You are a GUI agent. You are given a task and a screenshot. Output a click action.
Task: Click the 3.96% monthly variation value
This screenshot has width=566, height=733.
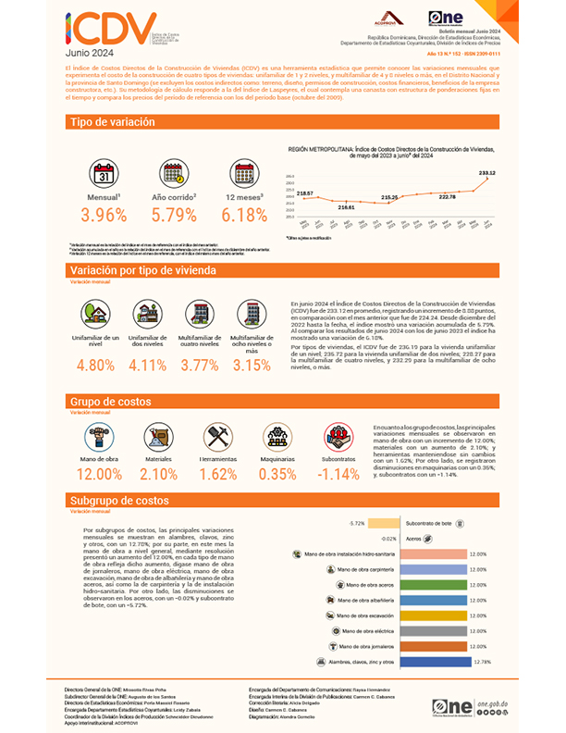[104, 215]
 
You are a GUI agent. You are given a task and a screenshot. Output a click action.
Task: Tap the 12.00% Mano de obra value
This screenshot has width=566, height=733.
[99, 475]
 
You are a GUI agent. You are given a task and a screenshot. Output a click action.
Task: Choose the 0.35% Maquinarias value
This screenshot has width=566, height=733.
[277, 475]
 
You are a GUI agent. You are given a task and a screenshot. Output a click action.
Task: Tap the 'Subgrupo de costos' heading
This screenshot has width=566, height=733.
[119, 500]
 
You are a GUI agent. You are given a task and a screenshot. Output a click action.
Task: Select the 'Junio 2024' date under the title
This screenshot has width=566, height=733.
[92, 54]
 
